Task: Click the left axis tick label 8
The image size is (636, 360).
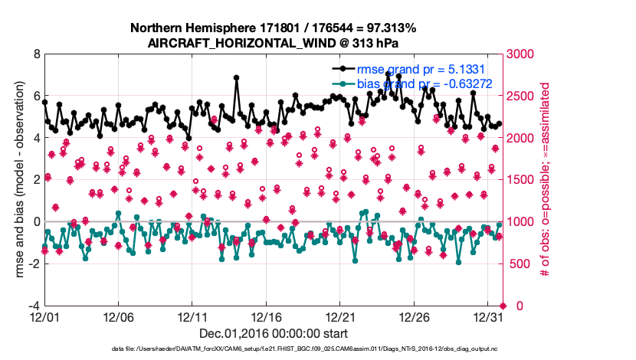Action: coord(35,54)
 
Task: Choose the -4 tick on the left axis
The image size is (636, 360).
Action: coord(33,306)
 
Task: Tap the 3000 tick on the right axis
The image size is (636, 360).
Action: coord(521,54)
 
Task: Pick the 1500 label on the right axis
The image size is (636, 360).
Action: coord(521,180)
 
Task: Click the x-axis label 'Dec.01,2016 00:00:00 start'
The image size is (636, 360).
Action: coord(274,333)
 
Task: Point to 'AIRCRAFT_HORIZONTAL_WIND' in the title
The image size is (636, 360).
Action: coord(241,43)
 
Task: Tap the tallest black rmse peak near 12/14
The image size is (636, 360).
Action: coord(237,77)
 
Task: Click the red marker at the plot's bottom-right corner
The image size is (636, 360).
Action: coord(503,306)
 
